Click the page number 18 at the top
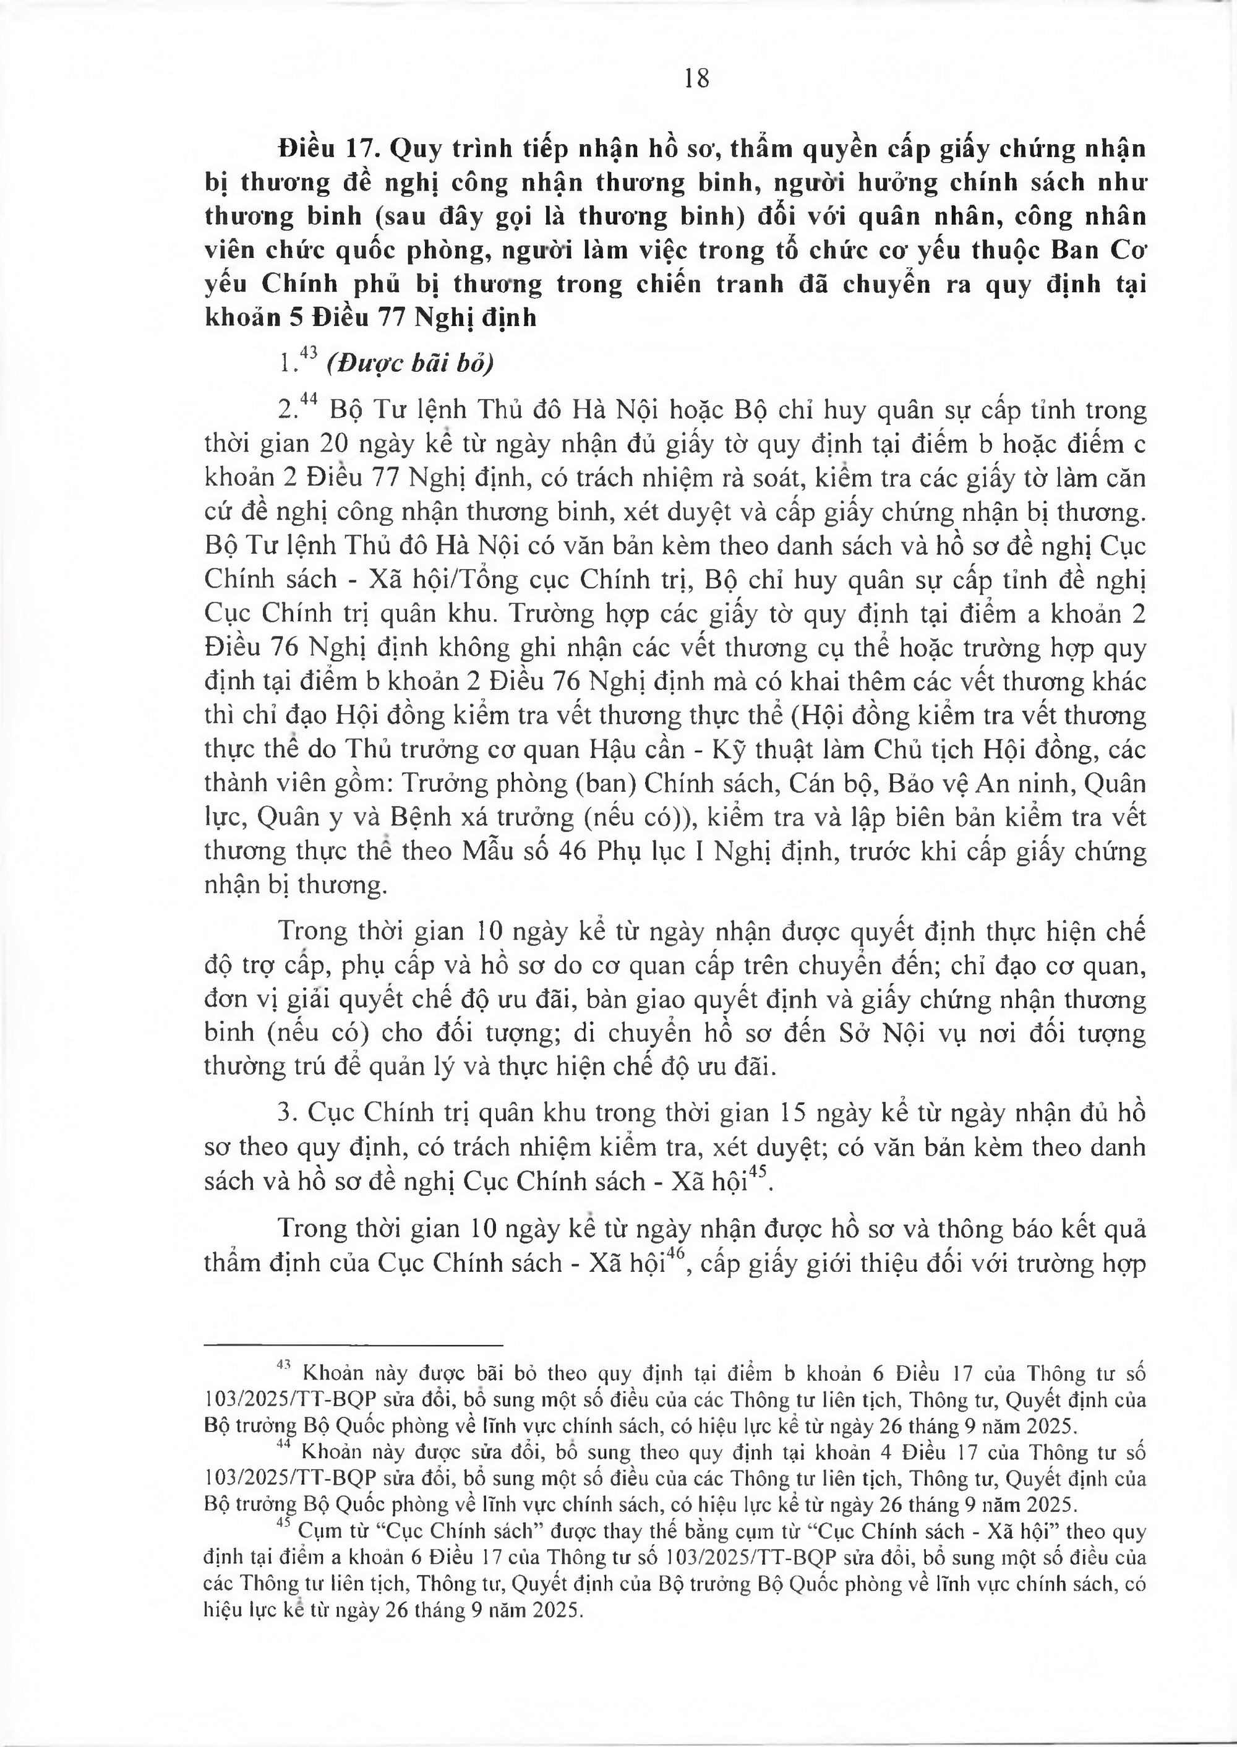point(697,79)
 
